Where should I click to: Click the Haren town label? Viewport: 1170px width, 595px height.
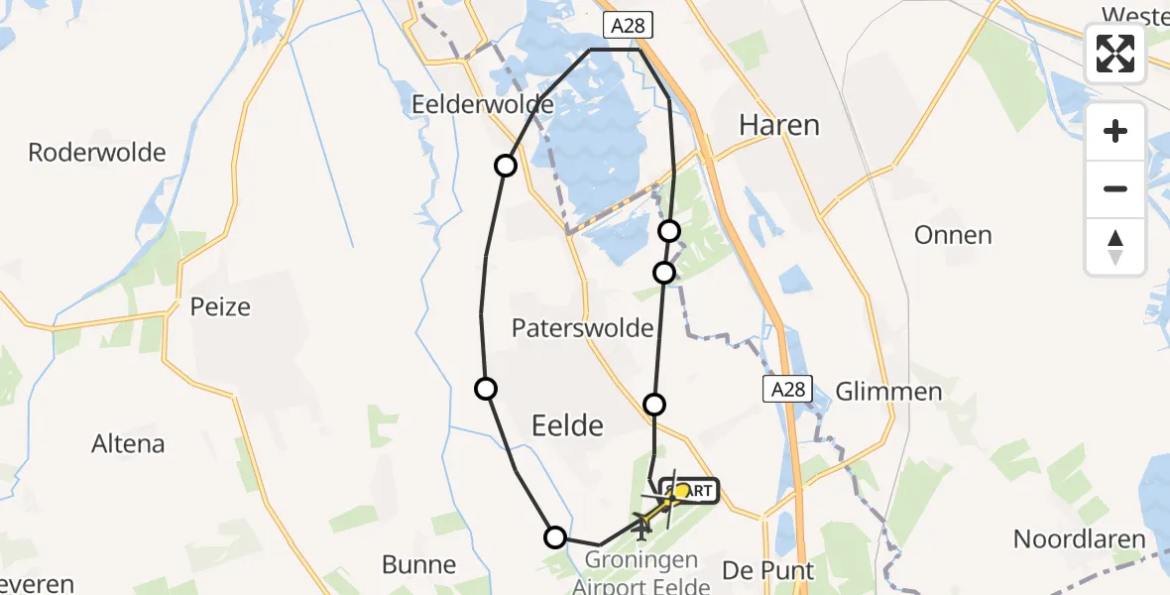tap(780, 125)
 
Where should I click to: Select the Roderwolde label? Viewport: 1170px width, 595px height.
tap(97, 153)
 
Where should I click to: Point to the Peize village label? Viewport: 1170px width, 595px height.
tap(220, 306)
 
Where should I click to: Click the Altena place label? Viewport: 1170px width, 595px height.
tap(128, 443)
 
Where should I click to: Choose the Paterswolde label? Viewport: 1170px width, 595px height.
tap(583, 328)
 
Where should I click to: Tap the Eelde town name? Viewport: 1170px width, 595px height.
tap(568, 425)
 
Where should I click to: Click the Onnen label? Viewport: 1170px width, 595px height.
tap(954, 235)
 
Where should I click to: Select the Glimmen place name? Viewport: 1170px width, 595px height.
tap(888, 391)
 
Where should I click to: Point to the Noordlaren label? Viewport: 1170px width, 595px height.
tap(1079, 540)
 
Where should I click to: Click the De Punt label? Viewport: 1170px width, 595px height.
tap(768, 571)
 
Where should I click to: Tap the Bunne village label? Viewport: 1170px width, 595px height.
tap(419, 565)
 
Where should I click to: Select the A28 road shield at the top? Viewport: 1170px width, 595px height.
tap(629, 27)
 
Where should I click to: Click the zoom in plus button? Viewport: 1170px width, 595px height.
tap(1115, 131)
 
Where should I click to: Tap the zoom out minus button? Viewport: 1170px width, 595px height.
tap(1115, 188)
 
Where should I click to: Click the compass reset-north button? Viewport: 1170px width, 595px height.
tap(1115, 246)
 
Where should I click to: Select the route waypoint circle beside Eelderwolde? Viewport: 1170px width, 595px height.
tap(506, 166)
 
